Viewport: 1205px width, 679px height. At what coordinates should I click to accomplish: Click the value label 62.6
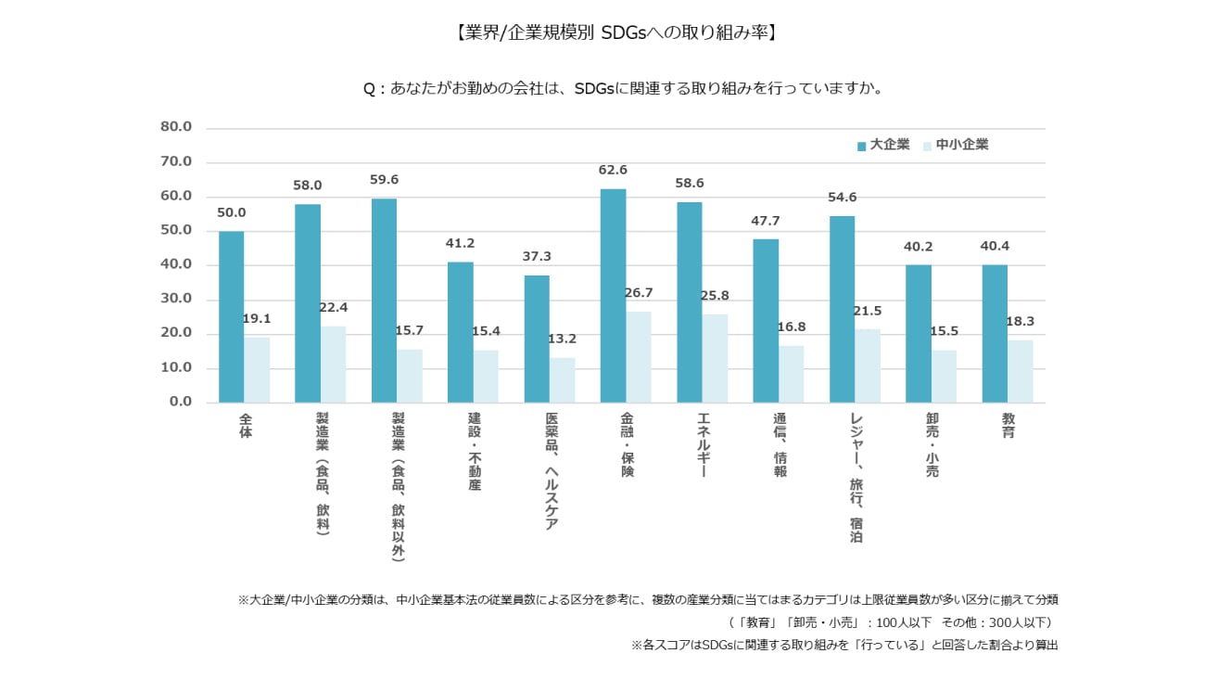pos(613,170)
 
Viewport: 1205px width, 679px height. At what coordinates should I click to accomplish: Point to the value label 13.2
pos(562,339)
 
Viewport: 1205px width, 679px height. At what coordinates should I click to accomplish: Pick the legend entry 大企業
pos(883,145)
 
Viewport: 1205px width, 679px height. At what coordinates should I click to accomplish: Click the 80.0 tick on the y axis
pos(175,127)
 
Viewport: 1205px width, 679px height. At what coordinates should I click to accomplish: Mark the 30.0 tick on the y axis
pos(175,299)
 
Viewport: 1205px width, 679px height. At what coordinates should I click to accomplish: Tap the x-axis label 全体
pos(245,426)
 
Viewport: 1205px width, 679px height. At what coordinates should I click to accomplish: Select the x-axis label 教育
pos(1008,426)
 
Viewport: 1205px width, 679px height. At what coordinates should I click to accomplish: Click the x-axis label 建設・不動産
pos(474,452)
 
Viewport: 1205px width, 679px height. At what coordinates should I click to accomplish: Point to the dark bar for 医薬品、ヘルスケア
pos(536,339)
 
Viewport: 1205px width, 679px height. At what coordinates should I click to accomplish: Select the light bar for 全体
pos(257,369)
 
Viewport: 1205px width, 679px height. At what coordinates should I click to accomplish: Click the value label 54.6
pos(842,198)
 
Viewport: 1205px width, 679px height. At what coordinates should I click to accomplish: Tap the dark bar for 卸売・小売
pos(918,333)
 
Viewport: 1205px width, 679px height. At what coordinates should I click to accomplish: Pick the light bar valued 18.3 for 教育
pos(1020,371)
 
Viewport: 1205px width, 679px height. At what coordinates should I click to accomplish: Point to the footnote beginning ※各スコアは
pos(843,644)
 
